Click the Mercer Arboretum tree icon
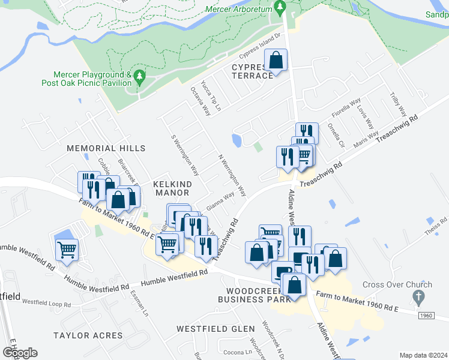(x=279, y=7)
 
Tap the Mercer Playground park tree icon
(x=139, y=77)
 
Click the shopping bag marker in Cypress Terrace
(x=276, y=61)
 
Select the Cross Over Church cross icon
(x=419, y=297)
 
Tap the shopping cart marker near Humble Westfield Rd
(x=67, y=248)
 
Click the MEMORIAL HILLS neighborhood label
(x=106, y=148)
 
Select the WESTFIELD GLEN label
(x=215, y=329)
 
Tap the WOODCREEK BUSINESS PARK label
(x=246, y=293)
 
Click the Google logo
(x=20, y=352)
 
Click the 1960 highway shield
(x=425, y=316)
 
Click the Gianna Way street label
(x=220, y=200)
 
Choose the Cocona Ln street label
(x=223, y=352)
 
